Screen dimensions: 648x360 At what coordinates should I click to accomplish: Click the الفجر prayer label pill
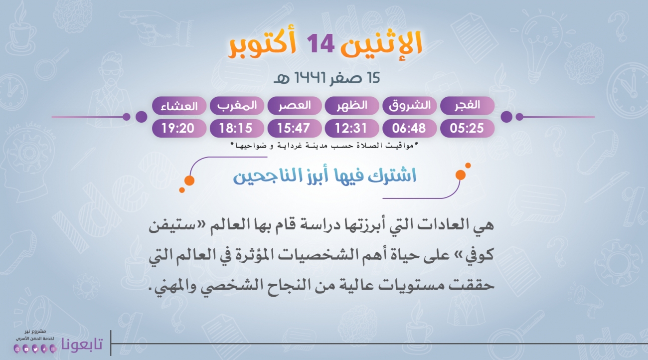coord(467,105)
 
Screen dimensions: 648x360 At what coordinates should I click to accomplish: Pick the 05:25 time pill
coord(467,128)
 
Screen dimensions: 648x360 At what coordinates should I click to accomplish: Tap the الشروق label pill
coord(409,105)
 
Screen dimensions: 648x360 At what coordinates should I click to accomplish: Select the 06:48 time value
coord(409,128)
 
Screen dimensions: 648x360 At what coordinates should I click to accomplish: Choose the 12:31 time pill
coord(352,128)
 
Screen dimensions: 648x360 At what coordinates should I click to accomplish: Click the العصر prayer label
coord(295,105)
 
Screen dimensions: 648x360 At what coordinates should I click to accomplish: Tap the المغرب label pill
coord(237,105)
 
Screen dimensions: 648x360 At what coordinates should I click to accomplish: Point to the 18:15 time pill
coord(237,128)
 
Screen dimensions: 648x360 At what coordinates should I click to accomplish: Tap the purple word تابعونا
coord(82,344)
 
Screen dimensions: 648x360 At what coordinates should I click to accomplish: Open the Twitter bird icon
coord(35,350)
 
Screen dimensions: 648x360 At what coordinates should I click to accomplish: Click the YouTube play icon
coord(26,350)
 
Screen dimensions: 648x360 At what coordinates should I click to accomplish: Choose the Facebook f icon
coord(44,350)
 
